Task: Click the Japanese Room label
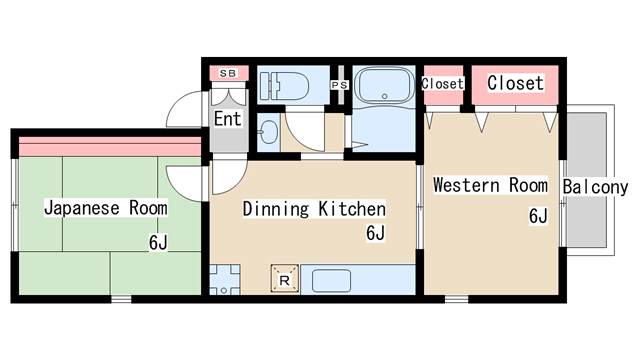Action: pyautogui.click(x=106, y=208)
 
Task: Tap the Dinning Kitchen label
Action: pyautogui.click(x=314, y=209)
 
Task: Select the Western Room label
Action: pyautogui.click(x=490, y=185)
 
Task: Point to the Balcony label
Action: pyautogui.click(x=595, y=187)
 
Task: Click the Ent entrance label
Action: pyautogui.click(x=227, y=119)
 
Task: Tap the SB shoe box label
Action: pyautogui.click(x=228, y=73)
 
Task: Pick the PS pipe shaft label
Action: pyautogui.click(x=340, y=85)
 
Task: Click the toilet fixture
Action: pyautogui.click(x=284, y=86)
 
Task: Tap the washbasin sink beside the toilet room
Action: pyautogui.click(x=269, y=132)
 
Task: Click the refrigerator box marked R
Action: pyautogui.click(x=285, y=279)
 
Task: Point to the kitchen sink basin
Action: pyautogui.click(x=331, y=280)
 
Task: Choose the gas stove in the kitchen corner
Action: pyautogui.click(x=224, y=280)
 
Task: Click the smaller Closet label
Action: pyautogui.click(x=443, y=84)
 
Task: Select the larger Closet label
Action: pyautogui.click(x=516, y=83)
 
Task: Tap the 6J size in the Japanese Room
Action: pyautogui.click(x=158, y=242)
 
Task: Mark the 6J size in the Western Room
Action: pyautogui.click(x=538, y=216)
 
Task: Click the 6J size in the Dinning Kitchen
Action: pyautogui.click(x=376, y=233)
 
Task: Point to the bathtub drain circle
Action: pyautogui.click(x=384, y=97)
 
